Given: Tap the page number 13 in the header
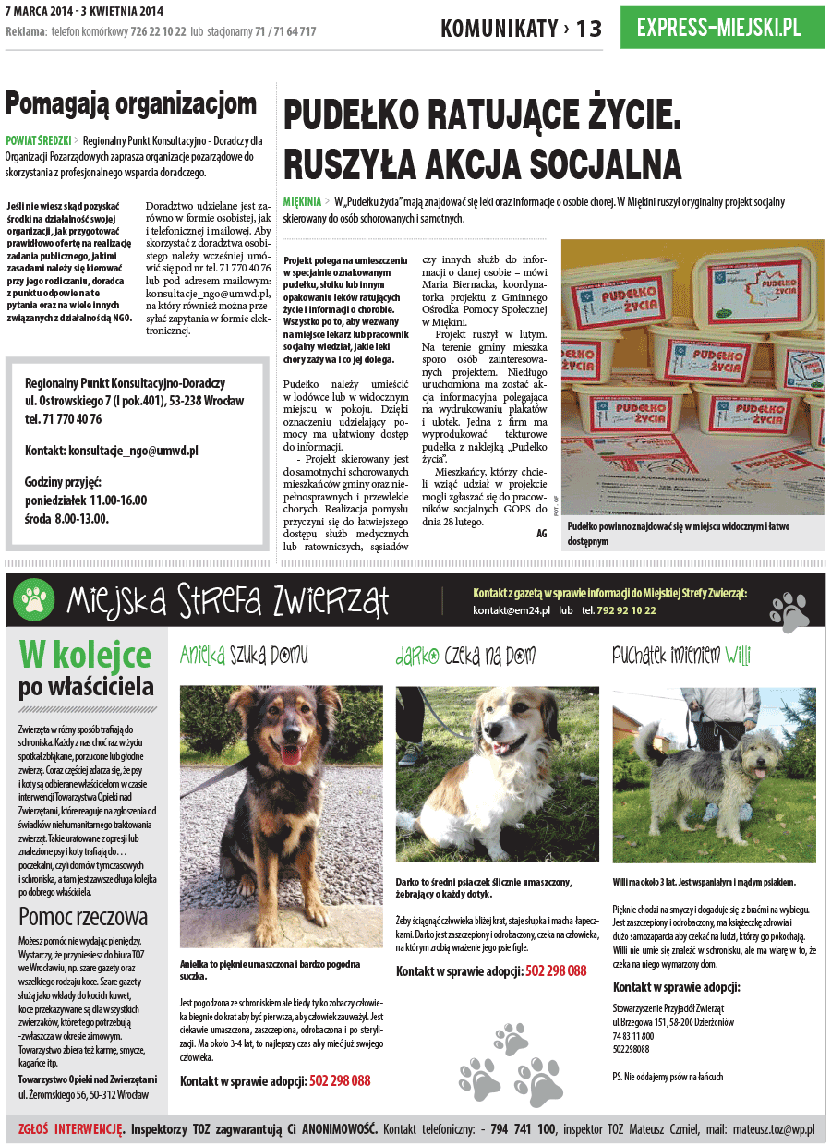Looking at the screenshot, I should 588,29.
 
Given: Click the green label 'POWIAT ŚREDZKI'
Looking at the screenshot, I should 38,141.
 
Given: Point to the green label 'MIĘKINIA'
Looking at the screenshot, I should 302,200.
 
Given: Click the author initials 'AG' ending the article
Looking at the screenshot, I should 541,533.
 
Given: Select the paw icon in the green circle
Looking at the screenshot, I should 35,600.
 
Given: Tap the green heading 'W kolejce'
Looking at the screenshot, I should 85,656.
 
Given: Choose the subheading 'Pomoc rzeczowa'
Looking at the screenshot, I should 83,916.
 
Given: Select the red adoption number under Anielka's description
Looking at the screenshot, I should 340,1080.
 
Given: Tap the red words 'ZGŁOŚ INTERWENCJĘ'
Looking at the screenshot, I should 71,1128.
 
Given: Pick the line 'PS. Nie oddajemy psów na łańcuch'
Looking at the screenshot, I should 668,1077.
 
